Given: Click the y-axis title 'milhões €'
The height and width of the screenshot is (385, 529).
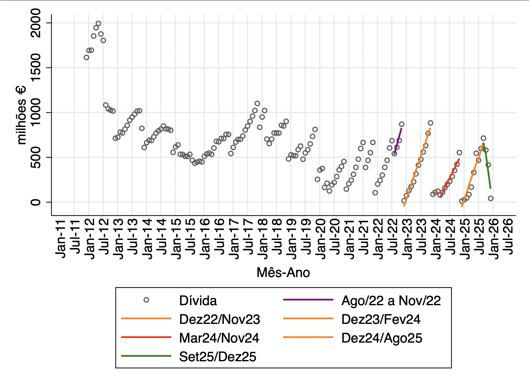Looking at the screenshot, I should (21, 115).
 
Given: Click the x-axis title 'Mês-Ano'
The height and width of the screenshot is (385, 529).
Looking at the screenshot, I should (283, 273).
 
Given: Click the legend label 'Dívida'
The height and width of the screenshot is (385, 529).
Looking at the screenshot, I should (198, 301).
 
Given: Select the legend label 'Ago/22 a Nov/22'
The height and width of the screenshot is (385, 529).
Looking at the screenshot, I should (391, 301).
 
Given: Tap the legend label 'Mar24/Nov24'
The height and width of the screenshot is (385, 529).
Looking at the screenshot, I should (219, 338).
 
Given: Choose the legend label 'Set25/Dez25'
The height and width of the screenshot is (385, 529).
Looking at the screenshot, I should (218, 357).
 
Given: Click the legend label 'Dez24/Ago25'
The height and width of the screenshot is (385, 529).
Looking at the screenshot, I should (382, 338).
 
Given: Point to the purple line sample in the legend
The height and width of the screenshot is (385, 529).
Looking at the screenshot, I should (308, 300).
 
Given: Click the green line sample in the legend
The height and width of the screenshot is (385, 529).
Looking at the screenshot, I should (146, 356).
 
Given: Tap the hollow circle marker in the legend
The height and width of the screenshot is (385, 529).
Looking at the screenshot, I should (146, 300).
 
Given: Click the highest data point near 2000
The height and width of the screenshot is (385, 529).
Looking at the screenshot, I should (98, 23).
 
